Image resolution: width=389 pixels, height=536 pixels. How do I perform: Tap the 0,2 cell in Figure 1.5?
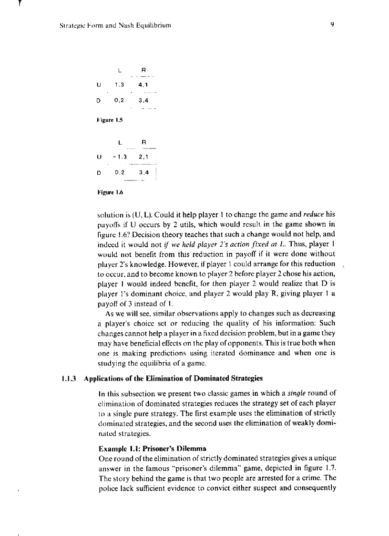pyautogui.click(x=119, y=101)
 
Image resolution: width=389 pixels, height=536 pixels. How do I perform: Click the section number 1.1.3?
pyautogui.click(x=70, y=378)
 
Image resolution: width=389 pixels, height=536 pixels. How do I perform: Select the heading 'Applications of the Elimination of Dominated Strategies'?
pyautogui.click(x=173, y=378)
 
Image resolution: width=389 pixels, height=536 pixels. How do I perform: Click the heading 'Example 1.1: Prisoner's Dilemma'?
pyautogui.click(x=152, y=449)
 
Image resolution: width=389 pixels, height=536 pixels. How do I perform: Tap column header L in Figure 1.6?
pyautogui.click(x=120, y=142)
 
